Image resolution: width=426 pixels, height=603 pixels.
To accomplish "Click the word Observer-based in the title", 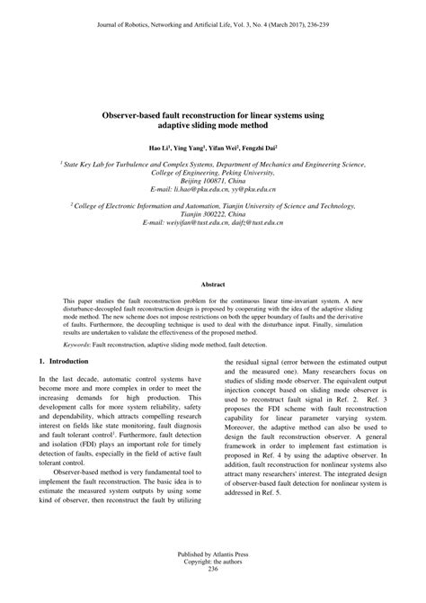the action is pos(140,116).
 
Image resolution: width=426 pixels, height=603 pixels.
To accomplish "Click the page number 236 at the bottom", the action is pos(213,594).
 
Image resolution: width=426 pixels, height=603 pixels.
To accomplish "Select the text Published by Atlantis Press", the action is pos(213,580).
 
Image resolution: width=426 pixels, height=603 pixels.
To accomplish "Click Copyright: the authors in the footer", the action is pos(213,587).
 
